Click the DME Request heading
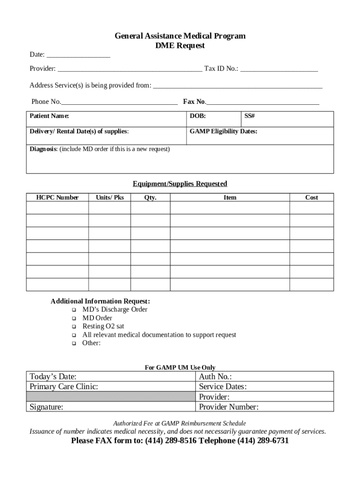(180, 46)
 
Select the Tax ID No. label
(221, 69)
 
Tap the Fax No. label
(194, 102)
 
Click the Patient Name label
(49, 116)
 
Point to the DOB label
(198, 116)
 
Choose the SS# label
(249, 116)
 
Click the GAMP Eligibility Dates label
(223, 131)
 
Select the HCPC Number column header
(58, 197)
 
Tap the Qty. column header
(150, 197)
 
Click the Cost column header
(311, 197)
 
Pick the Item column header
(230, 197)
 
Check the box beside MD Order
(74, 319)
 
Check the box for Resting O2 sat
(74, 327)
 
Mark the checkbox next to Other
(74, 344)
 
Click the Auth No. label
(216, 377)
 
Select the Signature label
(46, 407)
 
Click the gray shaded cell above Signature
(110, 397)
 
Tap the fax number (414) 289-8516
(172, 441)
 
